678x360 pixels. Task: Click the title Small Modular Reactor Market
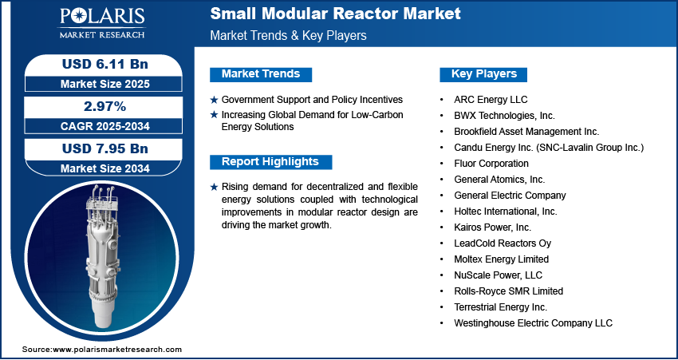point(335,14)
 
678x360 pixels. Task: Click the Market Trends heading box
point(260,74)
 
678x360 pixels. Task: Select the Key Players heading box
point(483,74)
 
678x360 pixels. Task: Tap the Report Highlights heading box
point(270,162)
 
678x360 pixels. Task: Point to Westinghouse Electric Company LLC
point(533,323)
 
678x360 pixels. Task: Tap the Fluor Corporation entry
point(491,164)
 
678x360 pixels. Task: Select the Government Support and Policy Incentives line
point(312,100)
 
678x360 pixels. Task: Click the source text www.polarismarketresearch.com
point(117,350)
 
